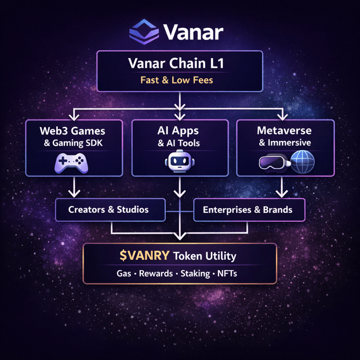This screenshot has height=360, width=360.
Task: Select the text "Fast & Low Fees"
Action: [x=177, y=80]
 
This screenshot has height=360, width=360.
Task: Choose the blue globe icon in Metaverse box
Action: [x=302, y=162]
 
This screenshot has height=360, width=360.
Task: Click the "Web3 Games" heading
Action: [x=74, y=130]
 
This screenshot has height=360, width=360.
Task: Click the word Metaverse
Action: [x=284, y=130]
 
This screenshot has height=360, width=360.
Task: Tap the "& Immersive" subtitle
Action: [x=284, y=143]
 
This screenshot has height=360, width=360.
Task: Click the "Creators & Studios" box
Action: [x=108, y=210]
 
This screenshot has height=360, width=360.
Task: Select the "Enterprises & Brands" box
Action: [x=248, y=210]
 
